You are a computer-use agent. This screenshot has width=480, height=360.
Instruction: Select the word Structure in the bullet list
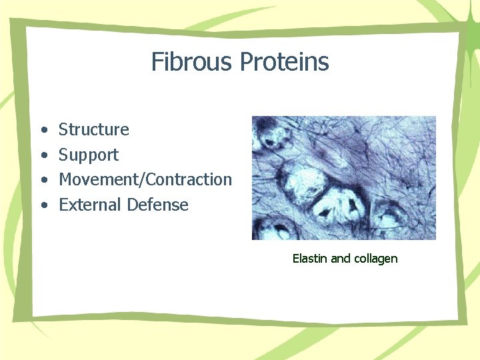coord(93,129)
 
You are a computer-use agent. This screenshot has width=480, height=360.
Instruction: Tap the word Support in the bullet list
coord(89,155)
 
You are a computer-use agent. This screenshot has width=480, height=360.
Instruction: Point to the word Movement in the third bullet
coord(99,179)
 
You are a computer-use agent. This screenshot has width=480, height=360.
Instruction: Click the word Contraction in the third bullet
coord(189,179)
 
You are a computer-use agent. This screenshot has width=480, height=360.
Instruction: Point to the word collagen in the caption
coord(375,259)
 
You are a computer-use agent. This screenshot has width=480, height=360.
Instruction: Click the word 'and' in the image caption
coord(340,259)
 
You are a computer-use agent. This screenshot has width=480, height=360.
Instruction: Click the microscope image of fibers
coord(343,178)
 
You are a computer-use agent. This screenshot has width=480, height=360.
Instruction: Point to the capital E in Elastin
coord(295,259)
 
